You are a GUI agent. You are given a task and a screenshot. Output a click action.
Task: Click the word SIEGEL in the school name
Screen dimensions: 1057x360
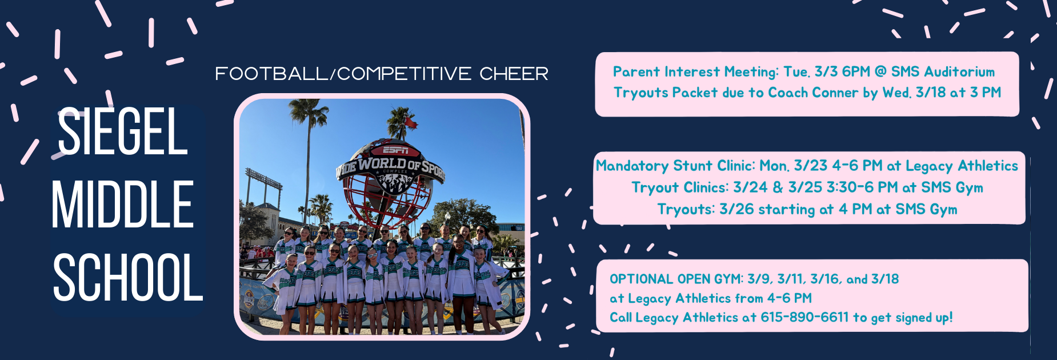(x=123, y=132)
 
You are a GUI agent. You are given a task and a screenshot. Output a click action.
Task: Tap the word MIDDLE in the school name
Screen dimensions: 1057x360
(x=123, y=204)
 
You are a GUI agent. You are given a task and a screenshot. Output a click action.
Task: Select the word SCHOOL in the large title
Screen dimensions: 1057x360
(x=128, y=277)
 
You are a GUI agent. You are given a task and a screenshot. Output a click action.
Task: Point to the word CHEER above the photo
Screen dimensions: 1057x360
(x=514, y=74)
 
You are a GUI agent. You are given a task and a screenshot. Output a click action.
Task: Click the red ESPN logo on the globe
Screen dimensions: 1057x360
(x=395, y=150)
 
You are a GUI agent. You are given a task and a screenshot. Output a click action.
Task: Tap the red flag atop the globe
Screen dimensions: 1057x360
(x=410, y=121)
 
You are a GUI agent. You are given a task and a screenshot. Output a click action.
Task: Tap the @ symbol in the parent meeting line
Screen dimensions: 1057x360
(x=880, y=71)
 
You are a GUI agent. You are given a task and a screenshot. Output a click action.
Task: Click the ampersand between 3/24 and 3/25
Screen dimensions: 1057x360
(x=778, y=187)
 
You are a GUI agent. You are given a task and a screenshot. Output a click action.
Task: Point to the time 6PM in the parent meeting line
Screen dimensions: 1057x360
(x=856, y=71)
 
